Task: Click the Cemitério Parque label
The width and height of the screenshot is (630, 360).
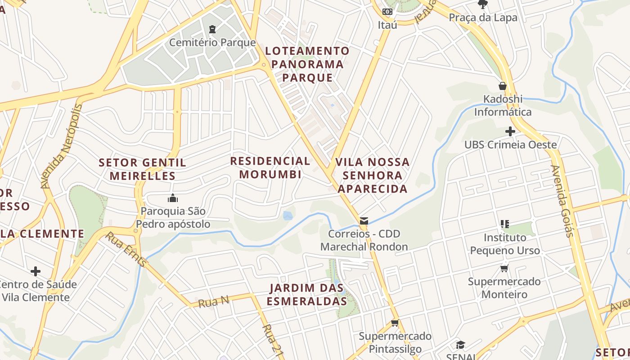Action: (212, 43)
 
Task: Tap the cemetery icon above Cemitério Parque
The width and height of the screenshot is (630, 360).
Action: (212, 30)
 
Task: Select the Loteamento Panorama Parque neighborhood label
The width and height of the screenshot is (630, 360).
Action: (307, 64)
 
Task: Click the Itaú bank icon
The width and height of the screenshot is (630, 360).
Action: (387, 12)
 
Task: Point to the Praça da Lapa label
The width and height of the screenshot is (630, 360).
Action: (483, 18)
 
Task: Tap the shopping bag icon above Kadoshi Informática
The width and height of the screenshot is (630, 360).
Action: (503, 86)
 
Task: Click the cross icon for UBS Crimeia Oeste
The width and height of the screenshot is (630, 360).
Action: (510, 131)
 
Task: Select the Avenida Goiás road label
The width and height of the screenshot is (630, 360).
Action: (562, 201)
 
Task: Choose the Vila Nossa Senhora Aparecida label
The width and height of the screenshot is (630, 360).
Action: (373, 175)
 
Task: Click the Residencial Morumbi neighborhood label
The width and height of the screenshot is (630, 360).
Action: (270, 167)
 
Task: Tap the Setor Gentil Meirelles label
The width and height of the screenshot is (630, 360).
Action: (142, 169)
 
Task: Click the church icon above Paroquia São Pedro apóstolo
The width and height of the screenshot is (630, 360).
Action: (173, 198)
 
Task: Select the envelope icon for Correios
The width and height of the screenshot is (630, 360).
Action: (364, 221)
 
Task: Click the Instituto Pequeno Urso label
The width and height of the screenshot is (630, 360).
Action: (504, 243)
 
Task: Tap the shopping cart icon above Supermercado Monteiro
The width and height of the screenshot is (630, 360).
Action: (504, 269)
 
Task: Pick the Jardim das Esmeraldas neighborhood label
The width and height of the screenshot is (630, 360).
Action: (307, 294)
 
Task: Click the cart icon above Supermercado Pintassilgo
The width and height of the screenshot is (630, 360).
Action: (395, 323)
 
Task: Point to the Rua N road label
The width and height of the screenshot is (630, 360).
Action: (214, 301)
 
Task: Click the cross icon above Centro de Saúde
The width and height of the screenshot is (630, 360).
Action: (36, 271)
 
